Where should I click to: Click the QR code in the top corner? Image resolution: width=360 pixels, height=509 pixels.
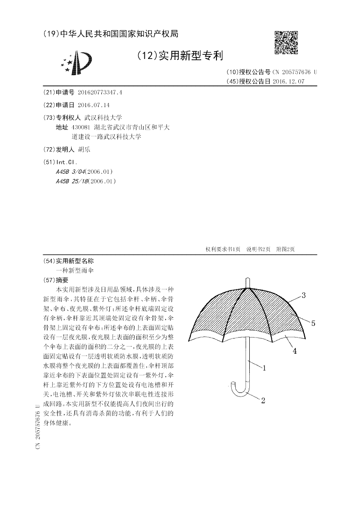[286, 42]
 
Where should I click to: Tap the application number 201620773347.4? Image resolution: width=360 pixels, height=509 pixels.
[100, 92]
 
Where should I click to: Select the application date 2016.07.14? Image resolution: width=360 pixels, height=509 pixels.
[94, 105]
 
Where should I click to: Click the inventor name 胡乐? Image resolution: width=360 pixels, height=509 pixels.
[85, 149]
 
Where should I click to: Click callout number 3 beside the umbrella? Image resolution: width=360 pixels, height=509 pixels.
[304, 296]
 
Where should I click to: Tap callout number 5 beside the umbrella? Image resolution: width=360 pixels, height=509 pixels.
[313, 323]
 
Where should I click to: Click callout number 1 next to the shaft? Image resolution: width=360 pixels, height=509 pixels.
[265, 368]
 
